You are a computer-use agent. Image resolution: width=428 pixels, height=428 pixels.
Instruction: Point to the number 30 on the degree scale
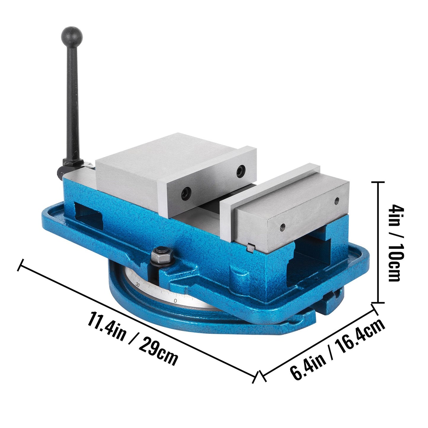tap(137, 284)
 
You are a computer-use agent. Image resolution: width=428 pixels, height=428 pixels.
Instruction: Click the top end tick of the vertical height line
tap(378, 183)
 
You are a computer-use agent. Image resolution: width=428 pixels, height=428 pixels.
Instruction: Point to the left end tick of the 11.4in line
tap(21, 265)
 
